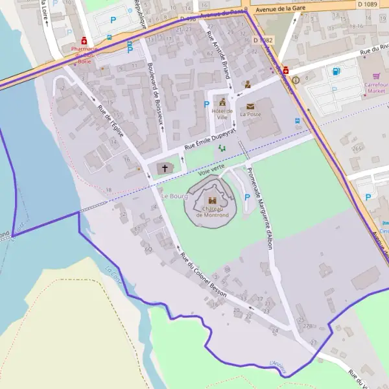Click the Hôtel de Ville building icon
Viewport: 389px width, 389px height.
click(222, 102)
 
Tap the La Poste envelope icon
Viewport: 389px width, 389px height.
click(250, 106)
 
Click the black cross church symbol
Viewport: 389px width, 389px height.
click(165, 169)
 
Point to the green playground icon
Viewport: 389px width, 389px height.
click(222, 148)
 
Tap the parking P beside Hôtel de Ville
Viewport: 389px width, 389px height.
click(207, 104)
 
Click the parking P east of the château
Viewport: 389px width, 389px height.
click(246, 197)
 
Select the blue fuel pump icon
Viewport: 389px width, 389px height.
click(335, 72)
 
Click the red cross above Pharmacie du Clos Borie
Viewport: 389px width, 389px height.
click(84, 40)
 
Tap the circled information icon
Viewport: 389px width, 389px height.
click(296, 80)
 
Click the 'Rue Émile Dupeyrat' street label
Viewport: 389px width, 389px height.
click(209, 139)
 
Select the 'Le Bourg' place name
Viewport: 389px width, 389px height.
click(174, 195)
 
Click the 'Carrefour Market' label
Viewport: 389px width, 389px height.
click(375, 88)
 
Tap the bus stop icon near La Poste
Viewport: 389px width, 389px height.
click(298, 121)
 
